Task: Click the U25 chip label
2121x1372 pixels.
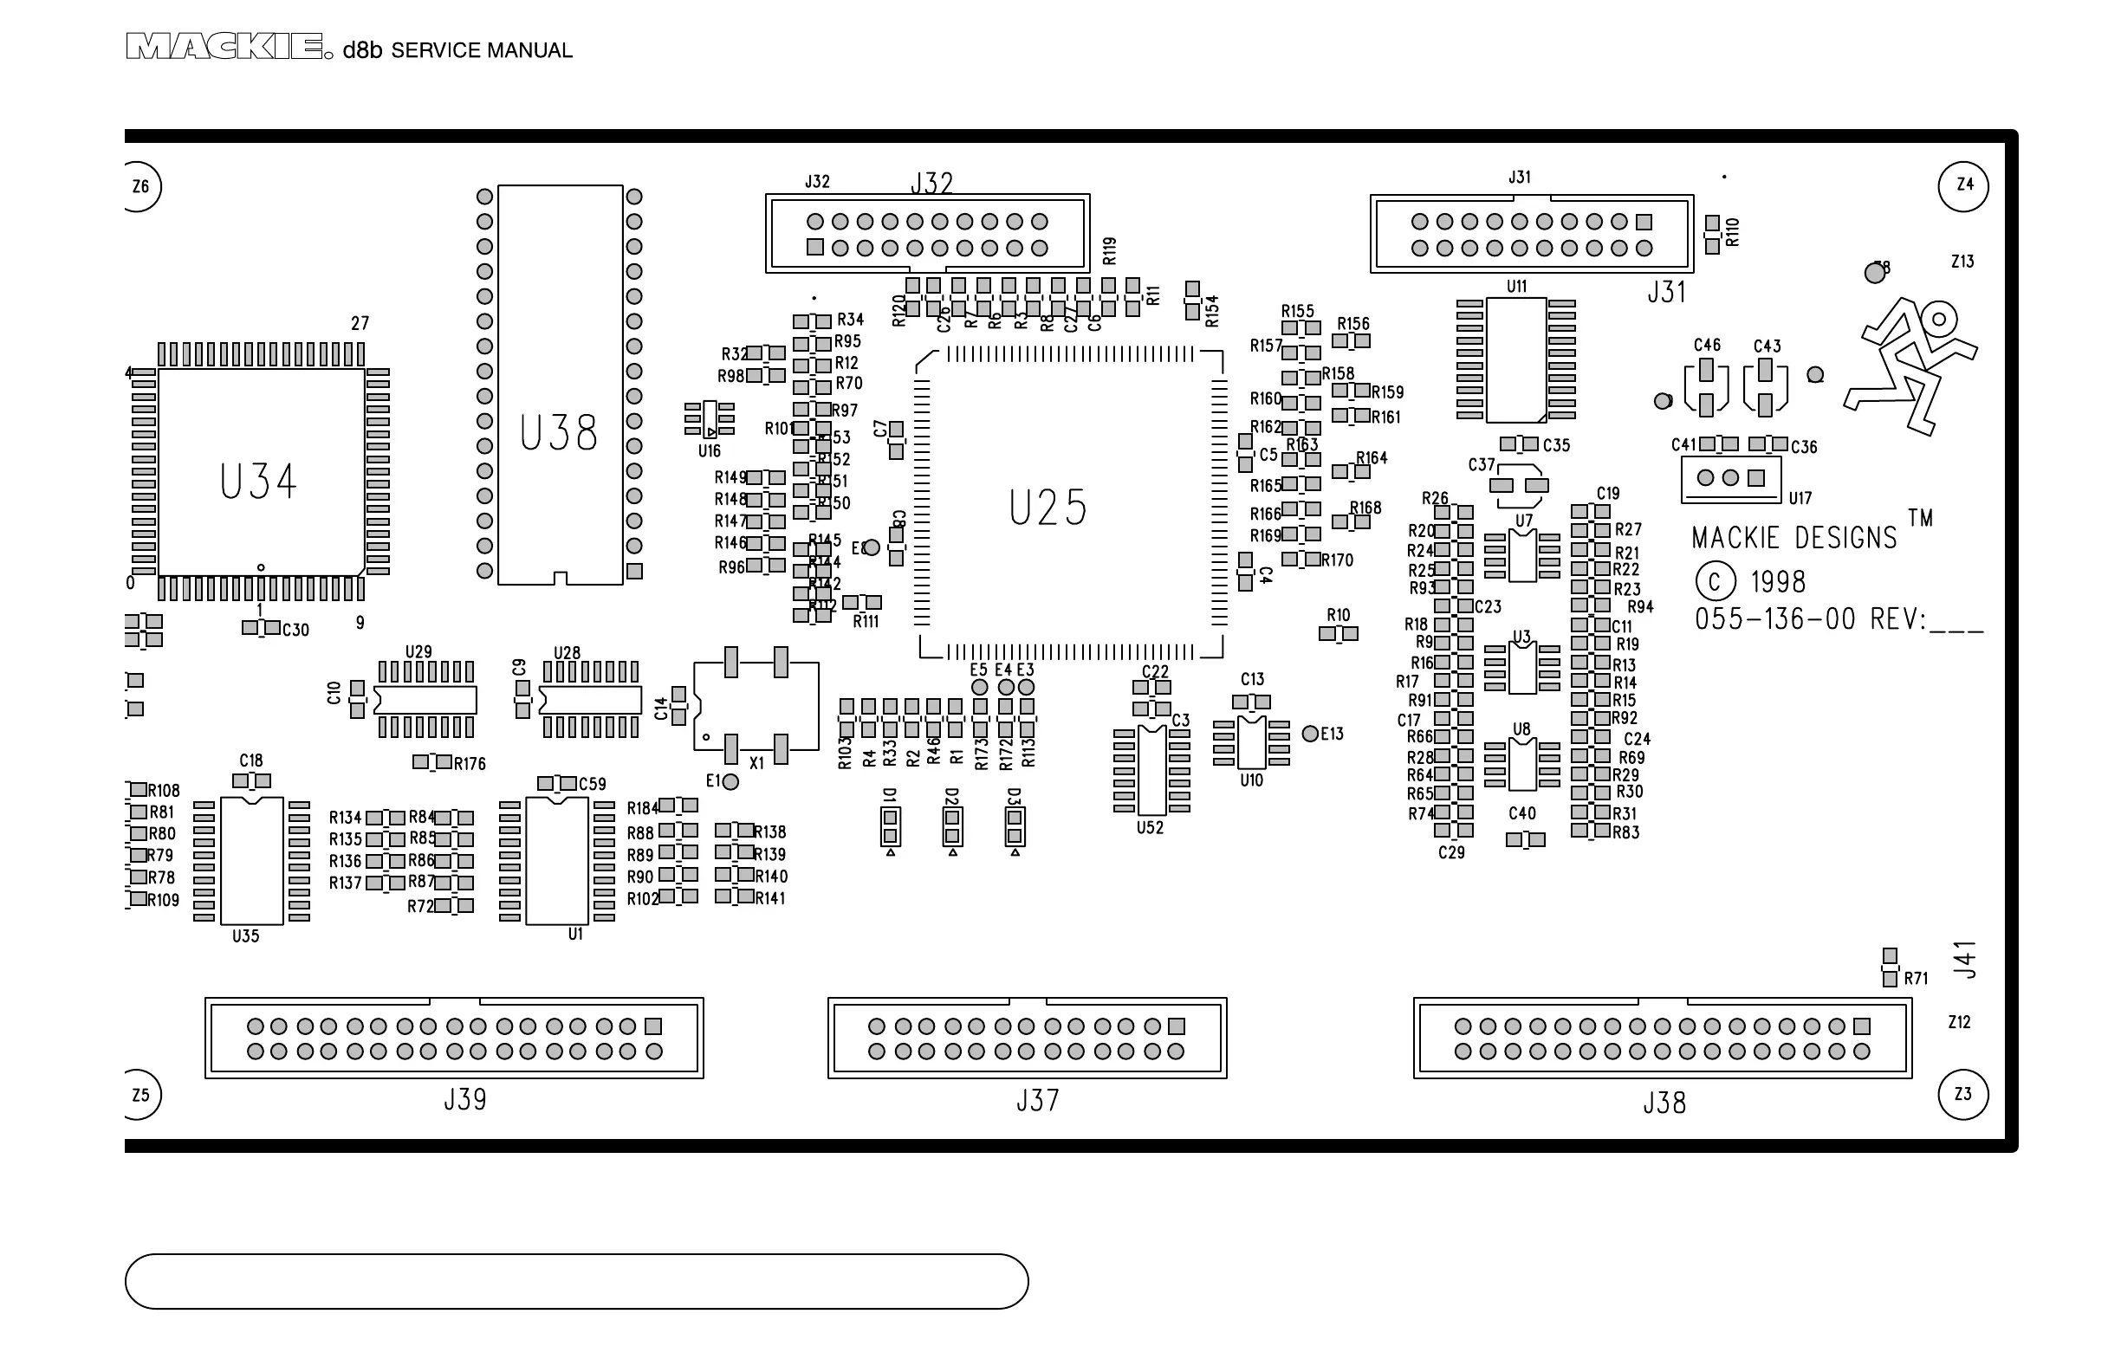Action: coord(1048,508)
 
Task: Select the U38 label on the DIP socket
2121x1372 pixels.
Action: coord(559,434)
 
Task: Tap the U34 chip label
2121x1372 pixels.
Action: coord(257,482)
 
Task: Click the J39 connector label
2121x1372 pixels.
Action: coord(465,1100)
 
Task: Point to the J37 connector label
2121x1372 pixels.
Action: coord(1037,1101)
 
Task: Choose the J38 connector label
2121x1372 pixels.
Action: coord(1664,1103)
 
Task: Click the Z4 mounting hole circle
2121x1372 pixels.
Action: coord(1963,186)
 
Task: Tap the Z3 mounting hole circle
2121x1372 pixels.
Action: coord(1963,1094)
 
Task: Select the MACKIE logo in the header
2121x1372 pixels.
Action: coord(224,48)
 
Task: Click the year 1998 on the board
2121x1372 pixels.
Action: coord(1778,582)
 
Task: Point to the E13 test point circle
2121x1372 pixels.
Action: coord(1310,735)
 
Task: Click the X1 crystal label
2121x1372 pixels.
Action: coord(756,763)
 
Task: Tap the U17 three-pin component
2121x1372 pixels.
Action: coord(1730,478)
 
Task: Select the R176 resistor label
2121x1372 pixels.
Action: coord(470,763)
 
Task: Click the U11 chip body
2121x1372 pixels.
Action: coord(1516,360)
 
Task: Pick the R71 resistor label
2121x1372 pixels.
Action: coord(1916,978)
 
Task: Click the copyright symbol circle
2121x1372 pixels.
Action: coord(1716,582)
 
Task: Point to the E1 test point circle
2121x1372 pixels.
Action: coord(730,782)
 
